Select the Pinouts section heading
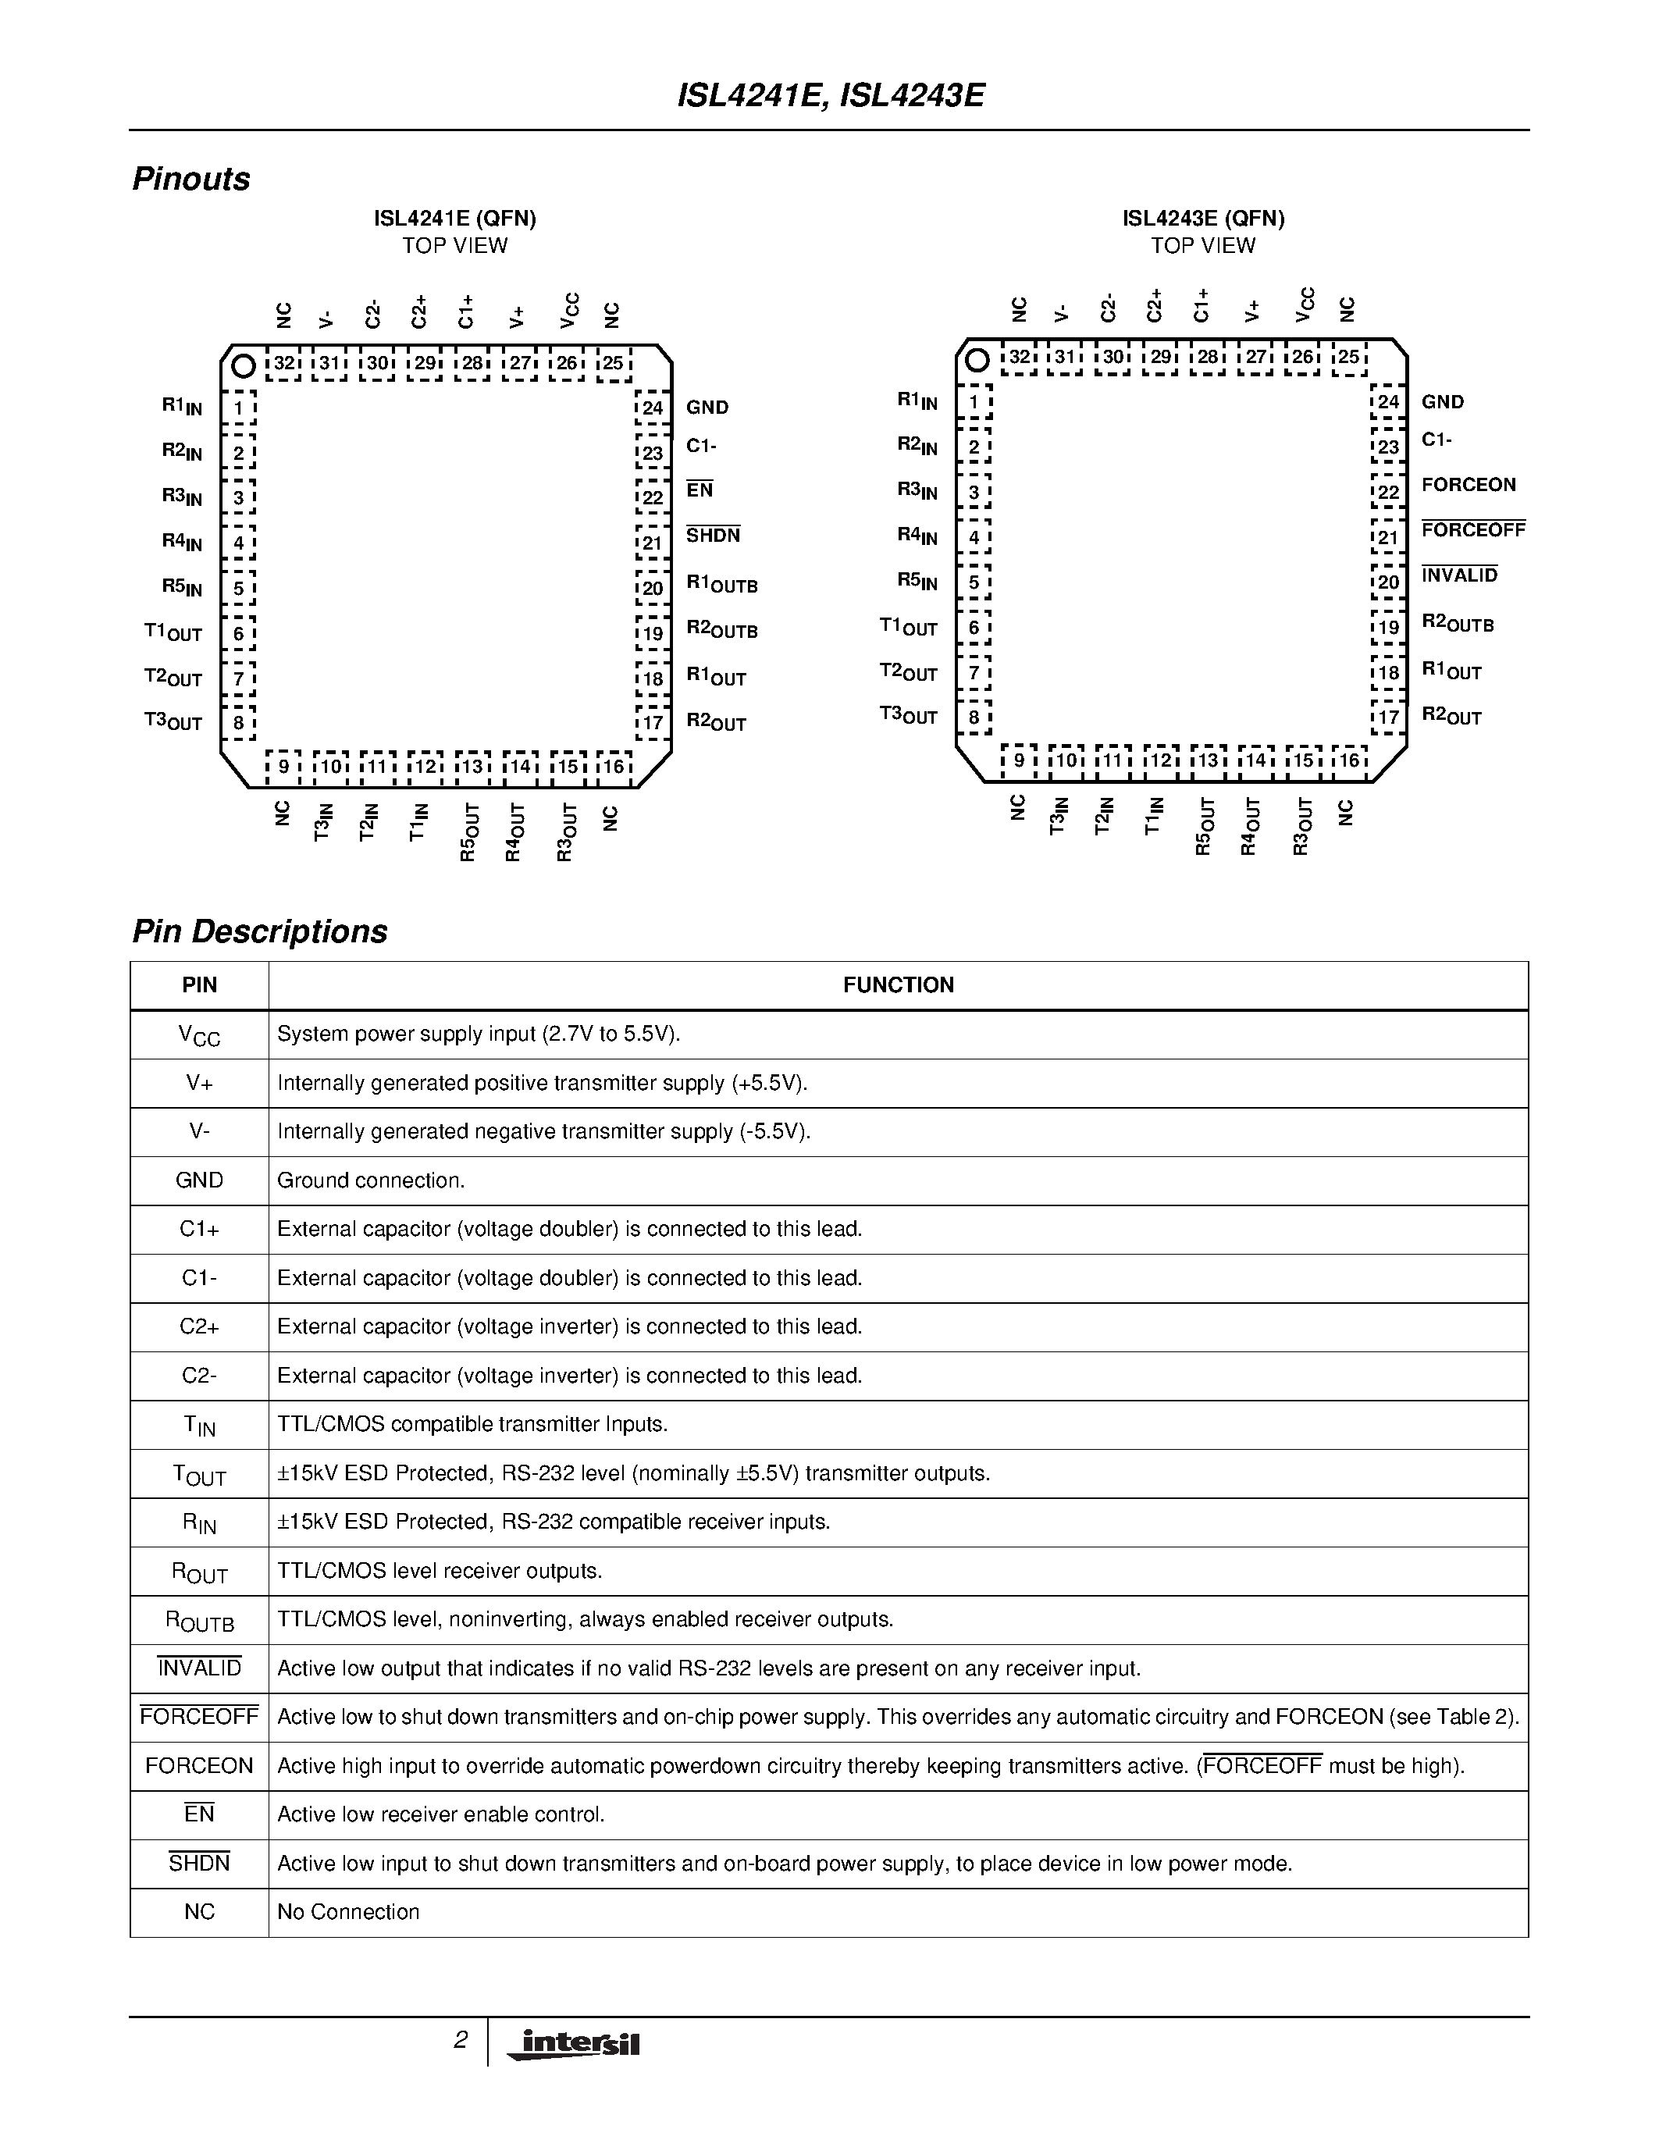(190, 179)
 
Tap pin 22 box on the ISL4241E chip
(653, 497)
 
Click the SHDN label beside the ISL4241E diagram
(713, 536)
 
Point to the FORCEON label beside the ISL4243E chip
(1469, 485)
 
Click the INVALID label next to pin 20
(1459, 575)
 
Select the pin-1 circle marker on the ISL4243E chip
(977, 360)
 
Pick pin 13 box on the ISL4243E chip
(1208, 760)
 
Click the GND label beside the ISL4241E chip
(707, 407)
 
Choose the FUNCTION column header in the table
(897, 985)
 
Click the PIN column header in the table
(200, 985)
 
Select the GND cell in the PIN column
(200, 1180)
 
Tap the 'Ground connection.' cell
(371, 1180)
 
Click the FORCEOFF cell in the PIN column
(200, 1718)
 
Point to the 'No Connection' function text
(348, 1912)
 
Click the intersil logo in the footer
(574, 2044)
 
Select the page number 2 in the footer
(459, 2040)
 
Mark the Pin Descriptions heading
(259, 931)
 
